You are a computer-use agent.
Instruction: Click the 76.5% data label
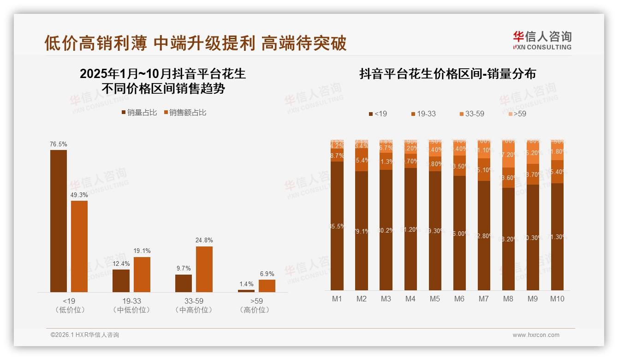click(58, 144)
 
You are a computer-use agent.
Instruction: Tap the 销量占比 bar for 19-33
click(121, 281)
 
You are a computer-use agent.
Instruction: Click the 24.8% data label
click(204, 240)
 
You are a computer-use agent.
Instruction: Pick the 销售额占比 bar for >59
click(267, 286)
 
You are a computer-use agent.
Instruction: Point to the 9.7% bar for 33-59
click(184, 283)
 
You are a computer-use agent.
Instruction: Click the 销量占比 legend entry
click(139, 113)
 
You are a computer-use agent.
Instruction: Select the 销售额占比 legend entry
click(185, 113)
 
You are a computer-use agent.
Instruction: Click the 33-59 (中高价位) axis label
click(194, 306)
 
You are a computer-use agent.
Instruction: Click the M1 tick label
click(337, 299)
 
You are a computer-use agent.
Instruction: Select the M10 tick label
click(557, 299)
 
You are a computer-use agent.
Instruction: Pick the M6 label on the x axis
click(459, 299)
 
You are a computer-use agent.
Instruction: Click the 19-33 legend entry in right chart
click(423, 114)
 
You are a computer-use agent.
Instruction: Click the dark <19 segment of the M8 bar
click(508, 239)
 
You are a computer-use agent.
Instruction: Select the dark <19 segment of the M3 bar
click(386, 230)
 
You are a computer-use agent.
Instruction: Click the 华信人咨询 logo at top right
click(542, 40)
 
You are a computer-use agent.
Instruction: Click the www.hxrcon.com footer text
click(536, 335)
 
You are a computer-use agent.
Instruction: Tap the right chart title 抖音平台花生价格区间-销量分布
click(447, 74)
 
